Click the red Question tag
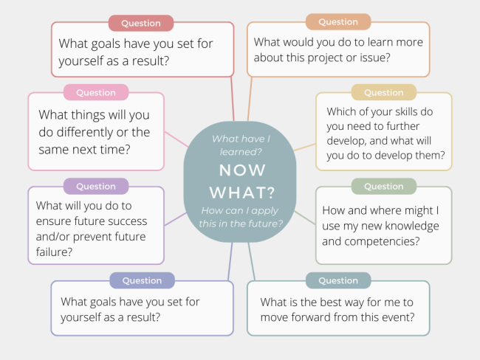141,24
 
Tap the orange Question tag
338,22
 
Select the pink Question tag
96,92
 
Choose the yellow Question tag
384,92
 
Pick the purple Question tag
96,186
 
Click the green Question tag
384,186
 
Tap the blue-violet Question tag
142,280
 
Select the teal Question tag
338,280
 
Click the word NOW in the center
242,170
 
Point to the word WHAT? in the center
242,193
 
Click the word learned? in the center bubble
241,152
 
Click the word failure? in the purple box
54,252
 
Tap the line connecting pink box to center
176,139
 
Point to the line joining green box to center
305,218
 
